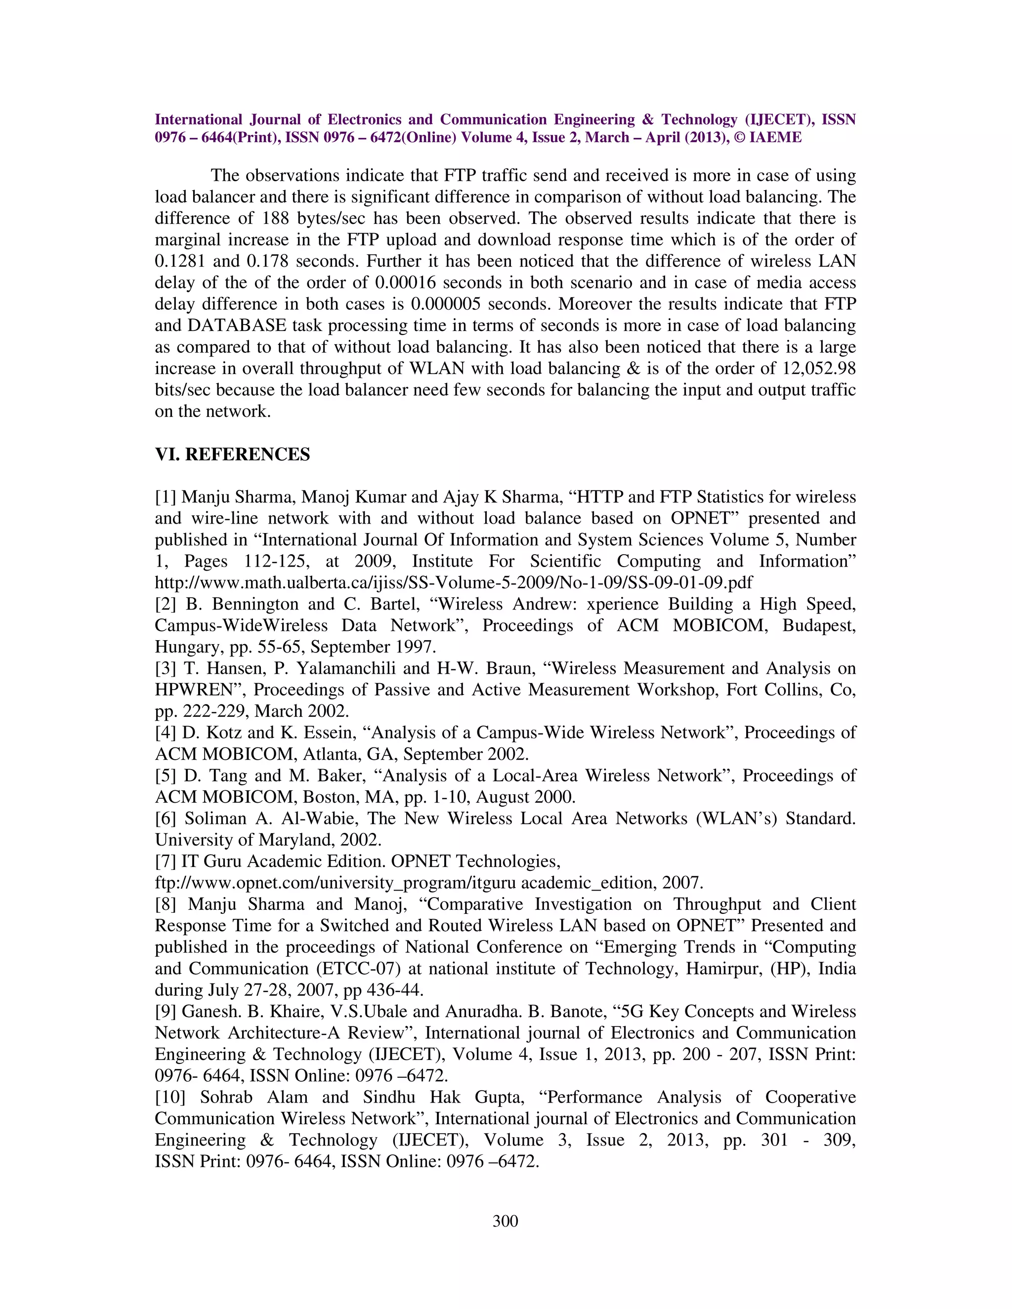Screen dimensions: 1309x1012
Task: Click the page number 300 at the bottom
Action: [505, 1221]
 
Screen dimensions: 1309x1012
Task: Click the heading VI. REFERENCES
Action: [233, 454]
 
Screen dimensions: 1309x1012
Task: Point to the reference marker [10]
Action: [170, 1097]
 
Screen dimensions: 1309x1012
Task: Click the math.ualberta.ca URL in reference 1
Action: [453, 582]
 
